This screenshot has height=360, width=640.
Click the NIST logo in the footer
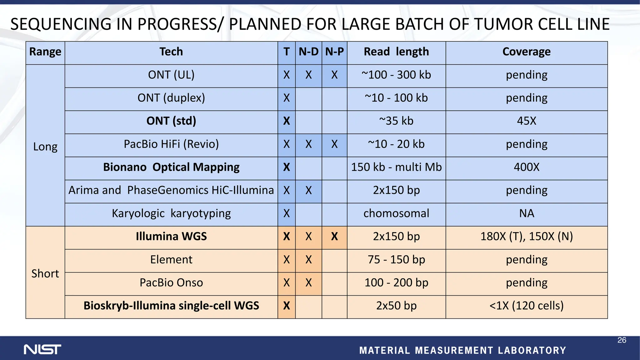tap(42, 349)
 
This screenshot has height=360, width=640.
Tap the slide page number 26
tap(622, 340)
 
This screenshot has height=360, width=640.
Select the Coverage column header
tap(526, 52)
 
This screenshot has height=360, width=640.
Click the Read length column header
tap(396, 52)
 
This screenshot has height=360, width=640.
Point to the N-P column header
tap(334, 52)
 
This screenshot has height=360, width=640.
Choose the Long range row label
tap(45, 147)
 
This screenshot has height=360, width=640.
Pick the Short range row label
tap(45, 273)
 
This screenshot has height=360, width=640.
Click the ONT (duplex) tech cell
tap(171, 98)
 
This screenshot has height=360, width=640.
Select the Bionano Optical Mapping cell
tap(171, 167)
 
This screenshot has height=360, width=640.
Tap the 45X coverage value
tap(526, 121)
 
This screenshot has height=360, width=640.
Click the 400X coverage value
tap(526, 167)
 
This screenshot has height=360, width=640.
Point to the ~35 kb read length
tap(396, 121)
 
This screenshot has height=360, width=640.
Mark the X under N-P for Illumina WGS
tap(334, 237)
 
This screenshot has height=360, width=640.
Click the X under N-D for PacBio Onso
tap(308, 283)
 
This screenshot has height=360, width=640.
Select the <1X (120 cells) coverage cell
tap(526, 306)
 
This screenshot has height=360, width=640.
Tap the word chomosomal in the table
tap(396, 213)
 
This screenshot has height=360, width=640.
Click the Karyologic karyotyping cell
tap(171, 213)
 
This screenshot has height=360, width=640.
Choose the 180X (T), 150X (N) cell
tap(526, 237)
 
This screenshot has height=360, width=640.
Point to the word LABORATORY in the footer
tap(532, 350)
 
